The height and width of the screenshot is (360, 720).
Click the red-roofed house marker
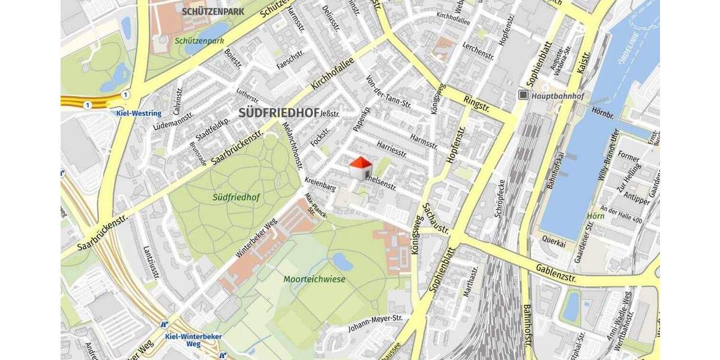361,169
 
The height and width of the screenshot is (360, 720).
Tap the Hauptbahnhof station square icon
523,95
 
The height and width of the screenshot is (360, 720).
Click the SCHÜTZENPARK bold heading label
209,11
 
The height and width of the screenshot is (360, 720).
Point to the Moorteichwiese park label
314,278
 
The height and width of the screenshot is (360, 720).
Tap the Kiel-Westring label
139,113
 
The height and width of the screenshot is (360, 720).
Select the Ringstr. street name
478,104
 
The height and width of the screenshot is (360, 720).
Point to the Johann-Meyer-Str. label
375,322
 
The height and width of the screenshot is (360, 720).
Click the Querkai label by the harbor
553,237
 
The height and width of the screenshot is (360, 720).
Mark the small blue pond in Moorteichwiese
341,261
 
